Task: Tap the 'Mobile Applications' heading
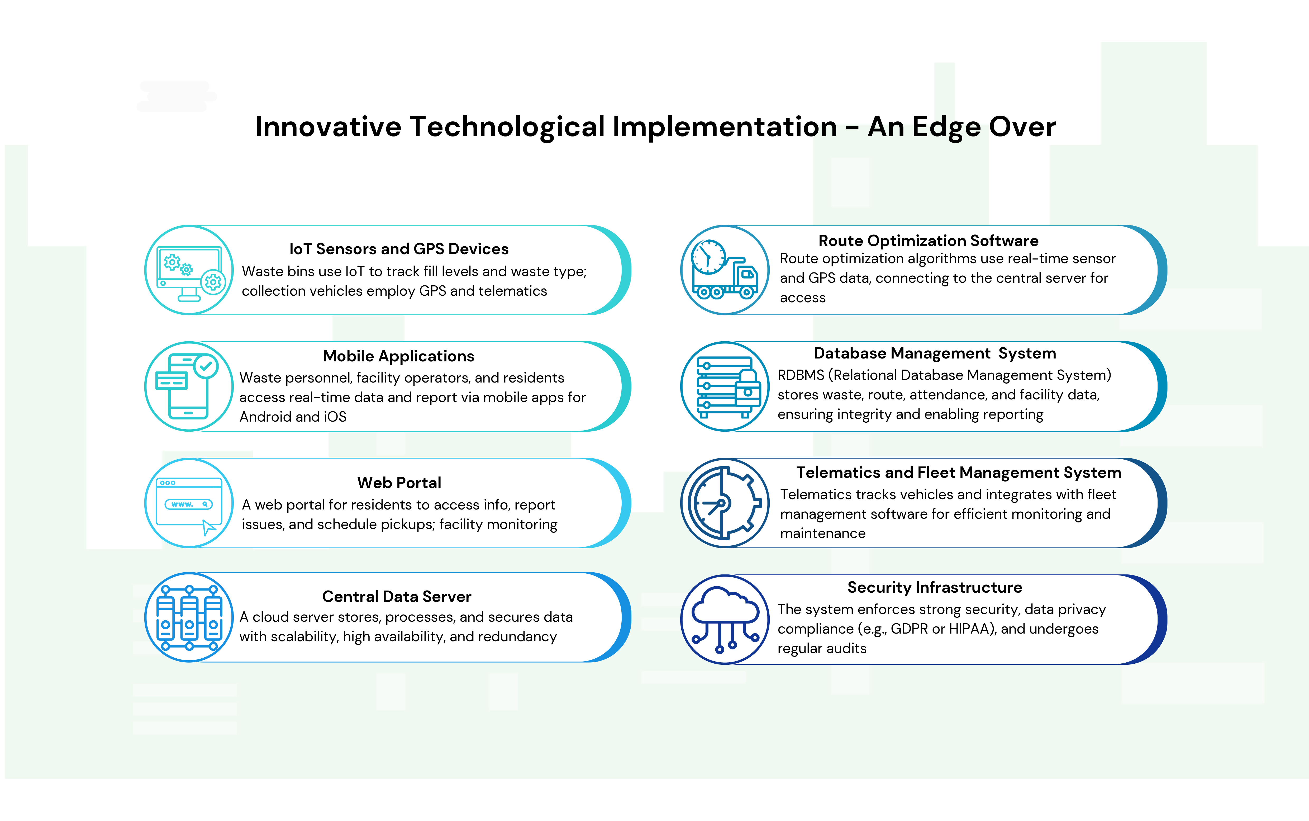click(x=398, y=356)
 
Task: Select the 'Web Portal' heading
click(x=399, y=483)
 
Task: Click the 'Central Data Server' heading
click(x=397, y=597)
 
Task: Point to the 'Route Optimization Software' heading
click(x=928, y=240)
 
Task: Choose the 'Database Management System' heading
click(x=935, y=353)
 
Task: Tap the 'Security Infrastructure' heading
click(x=935, y=588)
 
